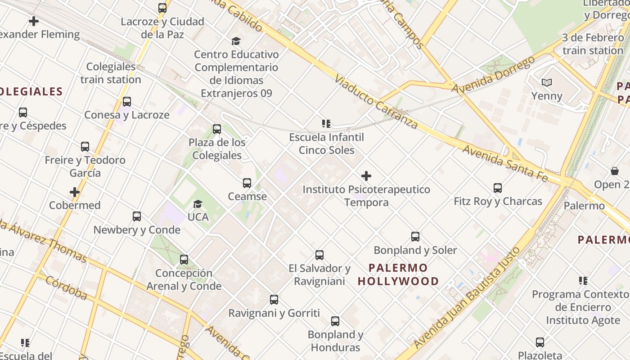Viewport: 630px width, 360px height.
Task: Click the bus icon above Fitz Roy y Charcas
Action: [497, 188]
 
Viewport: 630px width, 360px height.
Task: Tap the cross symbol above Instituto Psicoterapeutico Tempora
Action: [366, 176]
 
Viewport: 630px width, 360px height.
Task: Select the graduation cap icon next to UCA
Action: [198, 204]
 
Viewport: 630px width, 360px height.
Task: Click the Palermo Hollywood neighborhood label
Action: [398, 274]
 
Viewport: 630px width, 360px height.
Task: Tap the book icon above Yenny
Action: [547, 83]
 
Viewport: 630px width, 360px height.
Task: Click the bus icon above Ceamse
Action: [247, 183]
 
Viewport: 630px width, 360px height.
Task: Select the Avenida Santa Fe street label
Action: [505, 164]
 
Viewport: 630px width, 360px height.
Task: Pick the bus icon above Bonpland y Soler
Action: [415, 237]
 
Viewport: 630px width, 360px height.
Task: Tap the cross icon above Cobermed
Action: [75, 193]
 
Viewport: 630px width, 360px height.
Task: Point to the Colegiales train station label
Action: [111, 73]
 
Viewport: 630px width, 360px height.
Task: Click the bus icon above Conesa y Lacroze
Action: [127, 102]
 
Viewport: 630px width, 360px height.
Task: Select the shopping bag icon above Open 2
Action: [615, 171]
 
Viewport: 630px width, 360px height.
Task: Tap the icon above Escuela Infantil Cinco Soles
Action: [326, 124]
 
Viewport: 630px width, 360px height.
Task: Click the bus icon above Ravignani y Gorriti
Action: [274, 300]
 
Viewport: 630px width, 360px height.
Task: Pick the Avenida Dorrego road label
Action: [494, 75]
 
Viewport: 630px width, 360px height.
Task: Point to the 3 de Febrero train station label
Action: [592, 44]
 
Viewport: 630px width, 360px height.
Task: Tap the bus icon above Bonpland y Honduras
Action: [335, 321]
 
